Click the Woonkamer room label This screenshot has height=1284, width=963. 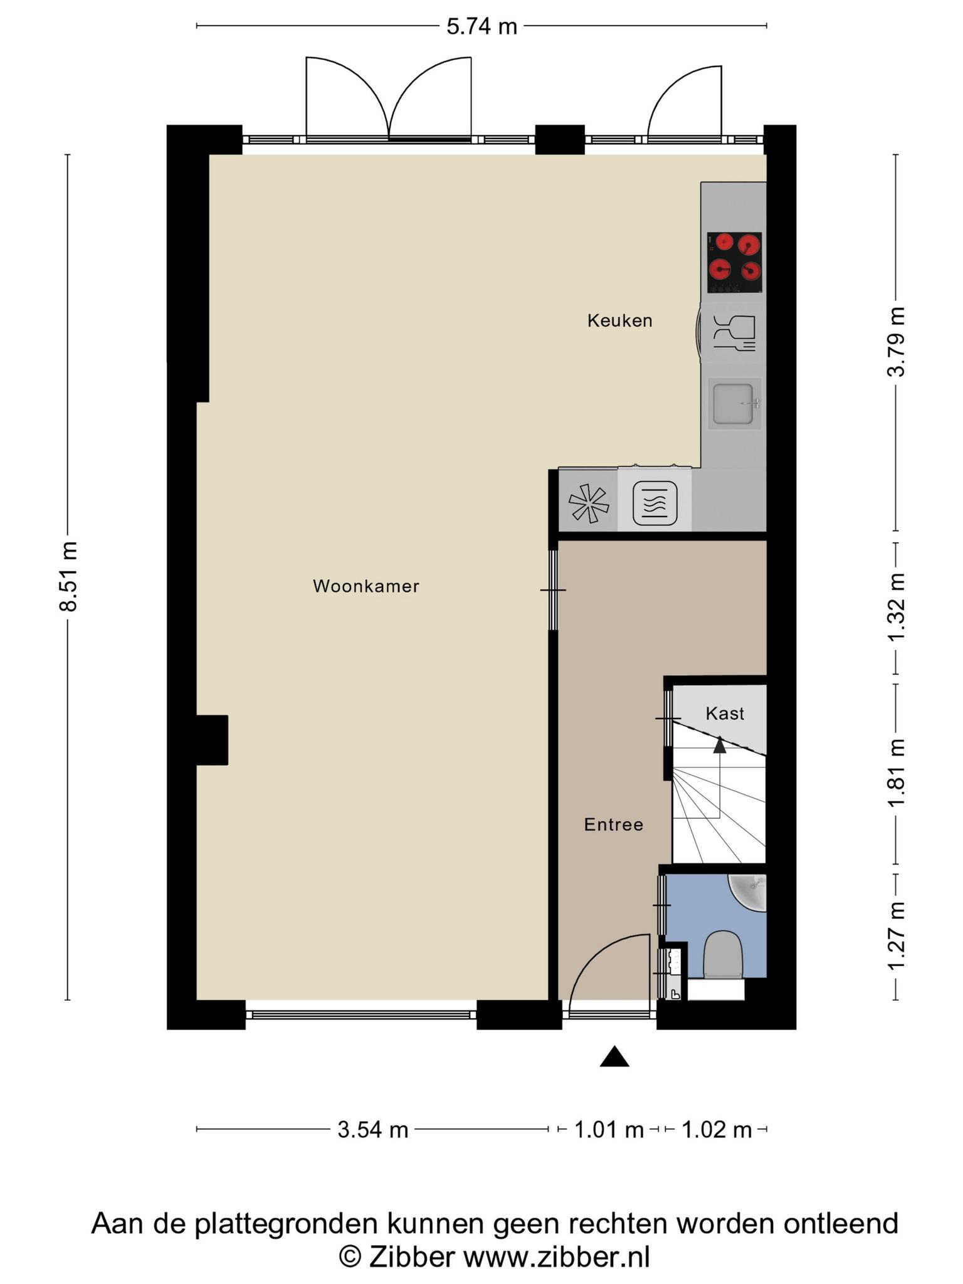[x=366, y=586]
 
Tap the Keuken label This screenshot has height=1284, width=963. [x=620, y=321]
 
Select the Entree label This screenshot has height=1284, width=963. [x=614, y=824]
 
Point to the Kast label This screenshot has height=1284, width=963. [x=725, y=713]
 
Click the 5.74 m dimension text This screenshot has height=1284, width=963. [x=481, y=26]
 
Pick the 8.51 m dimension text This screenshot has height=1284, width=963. [x=68, y=576]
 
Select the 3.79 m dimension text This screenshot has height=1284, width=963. [x=896, y=342]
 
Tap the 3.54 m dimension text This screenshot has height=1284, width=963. [x=373, y=1130]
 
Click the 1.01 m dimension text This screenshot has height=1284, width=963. [x=609, y=1130]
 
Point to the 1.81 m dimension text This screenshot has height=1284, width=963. [x=896, y=774]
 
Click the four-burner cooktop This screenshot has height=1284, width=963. [x=734, y=263]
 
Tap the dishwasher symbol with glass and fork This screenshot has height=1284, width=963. [x=734, y=332]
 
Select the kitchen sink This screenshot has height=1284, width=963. [x=734, y=404]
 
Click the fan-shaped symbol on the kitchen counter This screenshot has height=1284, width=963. [x=589, y=503]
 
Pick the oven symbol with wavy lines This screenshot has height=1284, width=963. [x=655, y=503]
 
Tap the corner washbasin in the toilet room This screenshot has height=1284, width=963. [x=749, y=892]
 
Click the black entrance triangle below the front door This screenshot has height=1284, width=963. [x=614, y=1056]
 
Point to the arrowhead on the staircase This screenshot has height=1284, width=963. [x=720, y=745]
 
